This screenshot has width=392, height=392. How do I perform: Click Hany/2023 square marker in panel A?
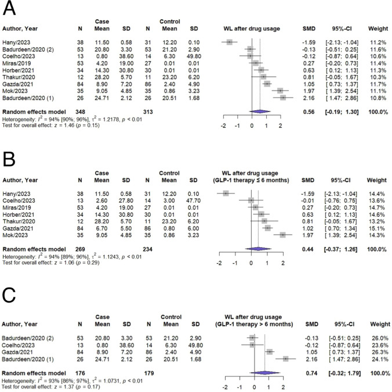tap(230, 42)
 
